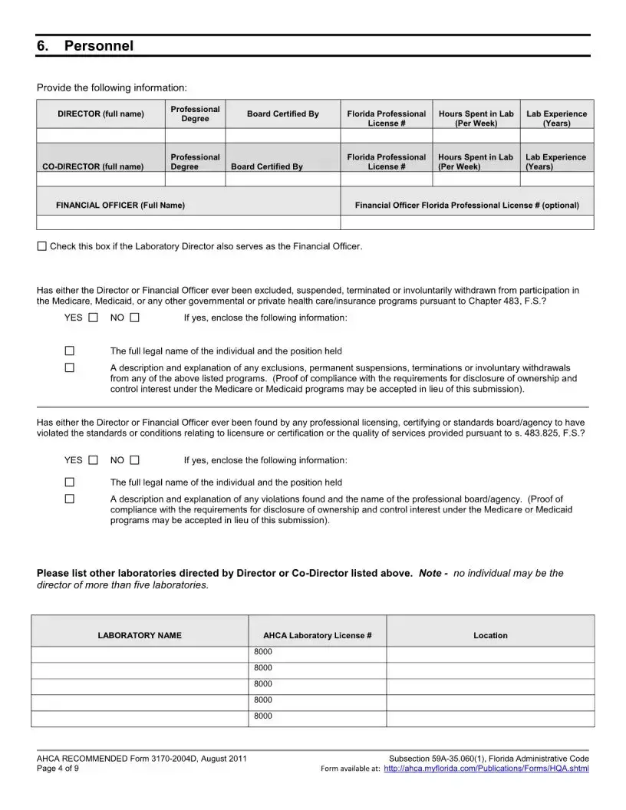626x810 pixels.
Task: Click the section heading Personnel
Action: click(98, 46)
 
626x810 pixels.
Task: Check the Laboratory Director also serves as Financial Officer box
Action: click(41, 246)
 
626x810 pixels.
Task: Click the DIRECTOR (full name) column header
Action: click(100, 114)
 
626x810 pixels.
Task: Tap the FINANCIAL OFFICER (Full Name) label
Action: click(120, 206)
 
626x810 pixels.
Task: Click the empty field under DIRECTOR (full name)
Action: click(100, 136)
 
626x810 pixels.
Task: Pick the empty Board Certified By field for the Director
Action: click(282, 136)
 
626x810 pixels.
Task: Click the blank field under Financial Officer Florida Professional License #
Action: click(466, 222)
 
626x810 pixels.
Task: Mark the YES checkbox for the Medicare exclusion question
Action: click(93, 318)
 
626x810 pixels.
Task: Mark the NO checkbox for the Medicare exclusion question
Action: click(134, 318)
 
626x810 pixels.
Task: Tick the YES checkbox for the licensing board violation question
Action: click(93, 460)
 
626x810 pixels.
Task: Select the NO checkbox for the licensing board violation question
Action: click(134, 460)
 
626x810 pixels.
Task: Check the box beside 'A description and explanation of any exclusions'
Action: click(69, 367)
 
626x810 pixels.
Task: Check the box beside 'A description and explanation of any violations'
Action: click(69, 499)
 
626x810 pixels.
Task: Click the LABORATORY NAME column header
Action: click(140, 636)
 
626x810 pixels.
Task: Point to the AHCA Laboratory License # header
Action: click(317, 636)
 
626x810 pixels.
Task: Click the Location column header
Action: click(490, 636)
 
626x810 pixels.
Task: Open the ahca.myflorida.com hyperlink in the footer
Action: click(486, 769)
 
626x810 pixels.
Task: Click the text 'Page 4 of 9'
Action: click(58, 769)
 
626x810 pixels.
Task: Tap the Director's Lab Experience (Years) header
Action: click(556, 118)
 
